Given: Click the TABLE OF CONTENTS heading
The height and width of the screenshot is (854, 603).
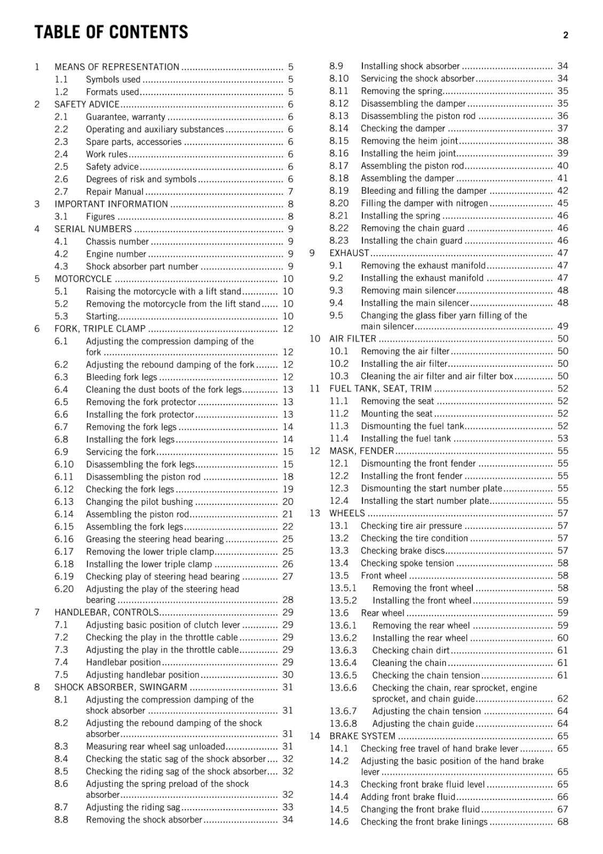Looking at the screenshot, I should pyautogui.click(x=111, y=32).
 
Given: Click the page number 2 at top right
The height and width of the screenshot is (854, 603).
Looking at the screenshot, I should pyautogui.click(x=565, y=35).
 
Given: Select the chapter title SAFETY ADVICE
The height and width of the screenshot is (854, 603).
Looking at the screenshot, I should pyautogui.click(x=87, y=104).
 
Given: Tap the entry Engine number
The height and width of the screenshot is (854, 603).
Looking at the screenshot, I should pyautogui.click(x=116, y=254).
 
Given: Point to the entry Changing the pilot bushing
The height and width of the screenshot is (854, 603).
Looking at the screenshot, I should pyautogui.click(x=139, y=502).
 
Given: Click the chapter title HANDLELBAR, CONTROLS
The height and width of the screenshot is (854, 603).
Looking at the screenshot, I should pyautogui.click(x=106, y=612).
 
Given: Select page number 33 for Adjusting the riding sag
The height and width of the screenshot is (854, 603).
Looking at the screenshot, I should pyautogui.click(x=288, y=807).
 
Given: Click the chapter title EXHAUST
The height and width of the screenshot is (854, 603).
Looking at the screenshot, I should pyautogui.click(x=349, y=253).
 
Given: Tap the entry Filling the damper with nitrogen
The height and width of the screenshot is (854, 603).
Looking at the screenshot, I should pyautogui.click(x=424, y=203).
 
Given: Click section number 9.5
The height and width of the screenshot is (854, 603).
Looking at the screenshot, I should pyautogui.click(x=336, y=315).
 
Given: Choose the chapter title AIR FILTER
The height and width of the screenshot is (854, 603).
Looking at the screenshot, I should pyautogui.click(x=353, y=339).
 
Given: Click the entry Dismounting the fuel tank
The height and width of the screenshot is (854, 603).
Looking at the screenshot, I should pyautogui.click(x=412, y=426).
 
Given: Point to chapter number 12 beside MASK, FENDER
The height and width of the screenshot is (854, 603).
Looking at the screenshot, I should pyautogui.click(x=315, y=451).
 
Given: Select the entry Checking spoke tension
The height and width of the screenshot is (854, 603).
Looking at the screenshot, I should pyautogui.click(x=407, y=563).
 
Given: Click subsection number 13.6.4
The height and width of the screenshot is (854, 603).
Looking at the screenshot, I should pyautogui.click(x=343, y=663).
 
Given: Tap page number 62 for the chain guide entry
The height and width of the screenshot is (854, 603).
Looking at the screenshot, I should pyautogui.click(x=562, y=699).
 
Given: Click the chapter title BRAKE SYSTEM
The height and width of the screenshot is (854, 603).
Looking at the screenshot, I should pyautogui.click(x=362, y=736).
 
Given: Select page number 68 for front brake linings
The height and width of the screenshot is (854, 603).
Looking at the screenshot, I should pyautogui.click(x=562, y=822).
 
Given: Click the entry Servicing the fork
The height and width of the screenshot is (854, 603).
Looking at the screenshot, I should pyautogui.click(x=121, y=452).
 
